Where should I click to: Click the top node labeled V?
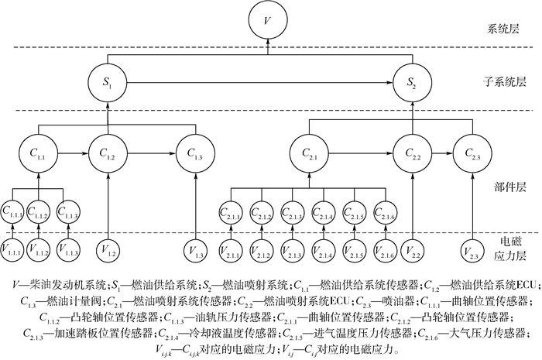tap(267, 19)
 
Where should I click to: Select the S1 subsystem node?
tap(108, 80)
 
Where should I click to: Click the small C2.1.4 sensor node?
tap(324, 211)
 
